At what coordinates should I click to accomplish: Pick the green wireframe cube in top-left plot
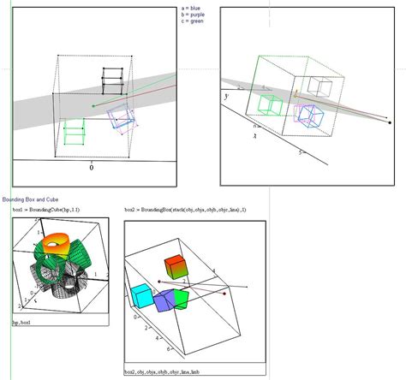[x=75, y=135]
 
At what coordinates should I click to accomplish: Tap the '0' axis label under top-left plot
[x=92, y=168]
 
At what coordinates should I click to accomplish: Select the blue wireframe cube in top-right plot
[x=309, y=114]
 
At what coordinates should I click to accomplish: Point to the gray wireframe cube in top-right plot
[x=320, y=86]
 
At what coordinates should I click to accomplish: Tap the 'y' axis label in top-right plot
[x=227, y=97]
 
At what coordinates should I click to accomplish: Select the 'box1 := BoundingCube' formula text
[x=48, y=209]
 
